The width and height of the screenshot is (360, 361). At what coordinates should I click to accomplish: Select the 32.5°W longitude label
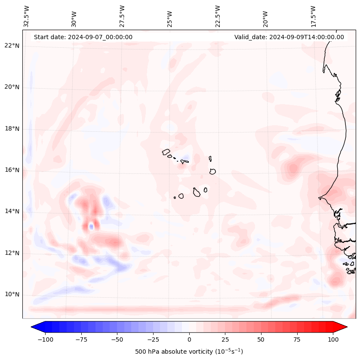[x=27, y=16]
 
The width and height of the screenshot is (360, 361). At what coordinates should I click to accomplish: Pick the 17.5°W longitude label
[x=313, y=16]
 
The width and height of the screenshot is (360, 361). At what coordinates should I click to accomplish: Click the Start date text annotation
[x=83, y=37]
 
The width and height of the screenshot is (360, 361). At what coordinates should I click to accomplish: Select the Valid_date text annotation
[x=289, y=37]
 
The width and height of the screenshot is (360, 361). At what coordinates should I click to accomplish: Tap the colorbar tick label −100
[x=44, y=339]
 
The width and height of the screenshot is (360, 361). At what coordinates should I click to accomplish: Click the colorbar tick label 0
[x=189, y=339]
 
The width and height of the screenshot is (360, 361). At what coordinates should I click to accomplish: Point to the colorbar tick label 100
[x=333, y=339]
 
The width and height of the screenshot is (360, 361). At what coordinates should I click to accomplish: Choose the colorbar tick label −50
[x=117, y=339]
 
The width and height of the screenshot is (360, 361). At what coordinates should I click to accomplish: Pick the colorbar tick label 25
[x=225, y=339]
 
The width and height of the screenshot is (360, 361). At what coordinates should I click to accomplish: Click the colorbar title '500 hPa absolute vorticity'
[x=189, y=352]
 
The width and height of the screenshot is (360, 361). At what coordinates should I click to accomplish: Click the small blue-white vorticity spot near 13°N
[x=91, y=226]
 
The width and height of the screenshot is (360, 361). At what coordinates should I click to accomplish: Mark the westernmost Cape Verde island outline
[x=166, y=151]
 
